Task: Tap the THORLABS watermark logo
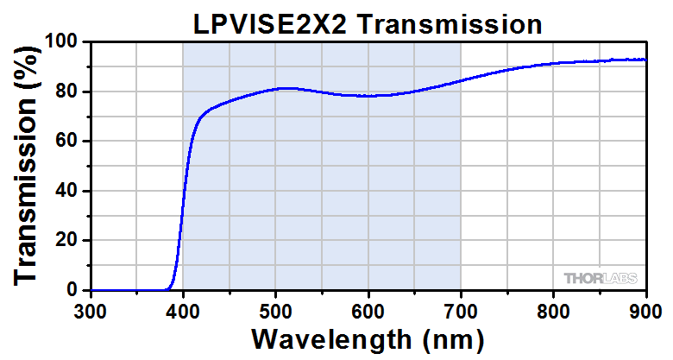coord(601,278)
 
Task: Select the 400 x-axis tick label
coord(183,309)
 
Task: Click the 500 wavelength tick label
coord(275,309)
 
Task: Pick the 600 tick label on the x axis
coord(368,309)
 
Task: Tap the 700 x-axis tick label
coord(461,309)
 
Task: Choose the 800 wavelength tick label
coord(553,309)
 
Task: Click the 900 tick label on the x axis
coord(645,309)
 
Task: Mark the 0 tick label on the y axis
coord(74,290)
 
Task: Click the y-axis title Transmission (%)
coord(26,165)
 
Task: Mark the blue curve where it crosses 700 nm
coord(461,80)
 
